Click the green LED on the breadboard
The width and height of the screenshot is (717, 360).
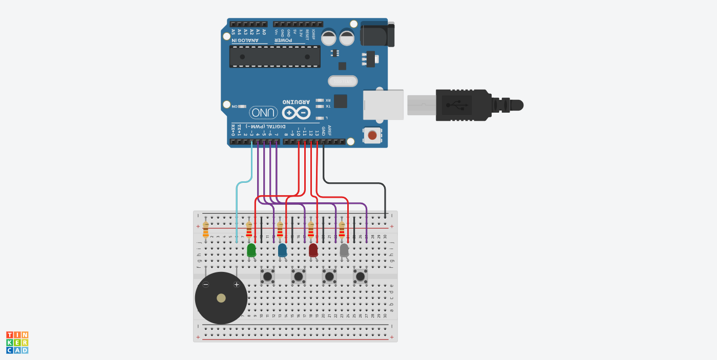(x=251, y=250)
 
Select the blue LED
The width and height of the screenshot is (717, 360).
(x=282, y=250)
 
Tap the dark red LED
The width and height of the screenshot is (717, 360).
(x=313, y=250)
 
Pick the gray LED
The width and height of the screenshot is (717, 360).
(x=344, y=250)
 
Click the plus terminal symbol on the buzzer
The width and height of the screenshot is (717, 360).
(x=237, y=285)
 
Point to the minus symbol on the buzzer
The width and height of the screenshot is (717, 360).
(x=206, y=285)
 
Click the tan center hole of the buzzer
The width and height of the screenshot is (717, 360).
(x=221, y=298)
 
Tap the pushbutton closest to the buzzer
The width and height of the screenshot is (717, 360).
(x=267, y=277)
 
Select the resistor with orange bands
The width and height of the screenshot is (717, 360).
(x=206, y=230)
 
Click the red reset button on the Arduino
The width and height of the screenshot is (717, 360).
(x=372, y=135)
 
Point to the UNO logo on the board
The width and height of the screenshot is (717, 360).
(x=264, y=112)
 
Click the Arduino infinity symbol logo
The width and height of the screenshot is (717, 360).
(x=296, y=112)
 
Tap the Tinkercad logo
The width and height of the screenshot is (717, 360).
(x=17, y=343)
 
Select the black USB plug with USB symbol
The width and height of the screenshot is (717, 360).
(x=461, y=105)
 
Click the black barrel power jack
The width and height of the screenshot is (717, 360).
(x=377, y=34)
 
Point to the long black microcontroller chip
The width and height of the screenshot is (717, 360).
(x=275, y=56)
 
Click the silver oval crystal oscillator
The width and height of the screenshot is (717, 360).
(x=343, y=81)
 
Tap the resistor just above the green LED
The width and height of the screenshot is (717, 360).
(x=249, y=230)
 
